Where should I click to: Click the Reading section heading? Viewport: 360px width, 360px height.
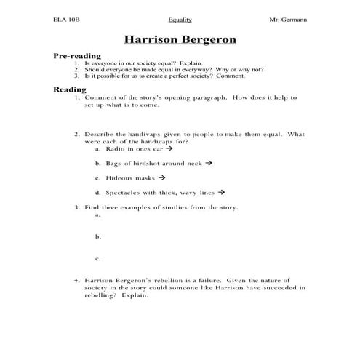(x=70, y=89)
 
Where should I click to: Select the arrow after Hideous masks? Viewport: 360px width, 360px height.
(x=161, y=177)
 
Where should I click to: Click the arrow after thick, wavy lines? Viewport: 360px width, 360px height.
(x=221, y=193)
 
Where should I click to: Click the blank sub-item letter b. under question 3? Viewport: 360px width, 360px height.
(x=97, y=236)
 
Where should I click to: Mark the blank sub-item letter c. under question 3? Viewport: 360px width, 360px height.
(x=97, y=258)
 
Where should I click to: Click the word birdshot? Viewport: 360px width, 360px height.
(x=146, y=163)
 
